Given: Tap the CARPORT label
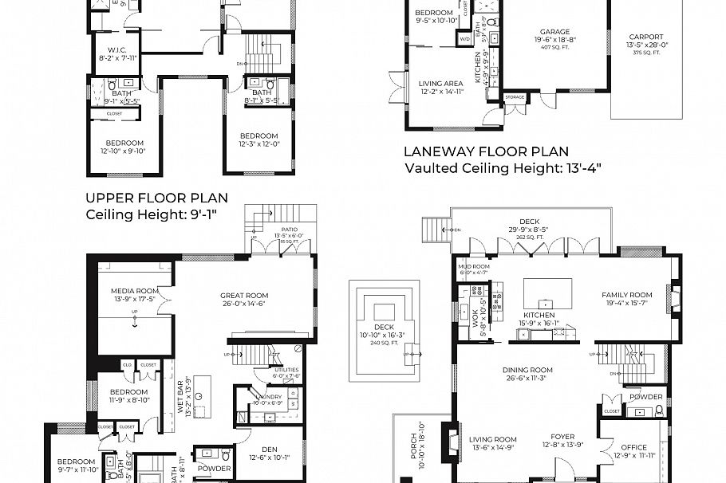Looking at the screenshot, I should point(646,37).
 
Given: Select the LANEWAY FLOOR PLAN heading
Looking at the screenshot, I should point(486,151).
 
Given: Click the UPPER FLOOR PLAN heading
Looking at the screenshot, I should point(156,198).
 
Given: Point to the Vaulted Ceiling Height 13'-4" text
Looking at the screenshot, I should point(502,167).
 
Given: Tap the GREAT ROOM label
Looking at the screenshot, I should point(244,295).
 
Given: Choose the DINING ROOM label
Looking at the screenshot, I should point(527,370).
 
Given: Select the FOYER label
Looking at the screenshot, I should point(563,437).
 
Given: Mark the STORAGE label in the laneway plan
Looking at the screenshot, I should point(515,97).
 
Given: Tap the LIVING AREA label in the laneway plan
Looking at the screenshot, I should point(441,83).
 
